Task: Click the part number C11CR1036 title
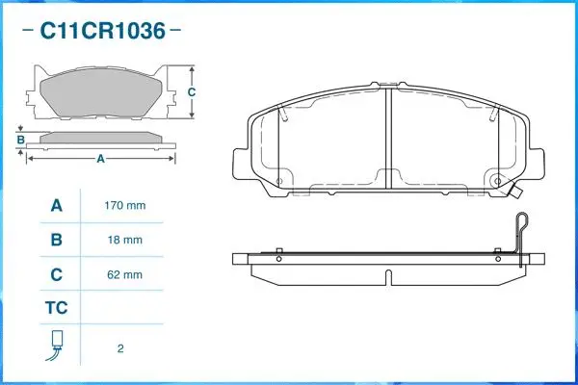(100, 31)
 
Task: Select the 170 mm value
(124, 206)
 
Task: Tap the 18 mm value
(124, 240)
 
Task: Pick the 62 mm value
(124, 274)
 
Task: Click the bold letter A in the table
(56, 206)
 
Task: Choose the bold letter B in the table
(56, 240)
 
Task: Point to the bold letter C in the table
(56, 274)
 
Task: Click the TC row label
(56, 309)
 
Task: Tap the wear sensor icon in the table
(56, 345)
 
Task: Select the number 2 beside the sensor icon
(119, 348)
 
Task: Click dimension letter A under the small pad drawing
(99, 160)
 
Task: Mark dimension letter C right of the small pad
(192, 92)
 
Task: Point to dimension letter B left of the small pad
(20, 141)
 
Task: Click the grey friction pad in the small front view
(100, 94)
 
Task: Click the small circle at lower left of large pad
(279, 181)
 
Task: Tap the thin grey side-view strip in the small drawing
(100, 138)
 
